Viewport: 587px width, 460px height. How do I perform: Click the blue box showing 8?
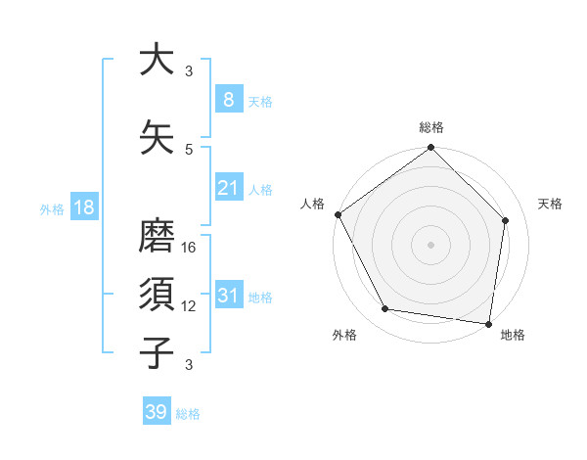(228, 99)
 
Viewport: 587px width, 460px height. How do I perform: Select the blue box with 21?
(228, 187)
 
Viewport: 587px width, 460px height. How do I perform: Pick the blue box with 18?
(83, 207)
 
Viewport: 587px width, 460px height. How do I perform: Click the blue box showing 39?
(156, 412)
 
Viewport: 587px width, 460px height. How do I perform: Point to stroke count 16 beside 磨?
(190, 248)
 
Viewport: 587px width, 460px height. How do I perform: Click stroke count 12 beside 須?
(190, 306)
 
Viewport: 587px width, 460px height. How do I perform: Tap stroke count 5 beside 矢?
(189, 149)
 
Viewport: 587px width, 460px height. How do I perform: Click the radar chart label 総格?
(431, 127)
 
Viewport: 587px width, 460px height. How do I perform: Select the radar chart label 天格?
(551, 204)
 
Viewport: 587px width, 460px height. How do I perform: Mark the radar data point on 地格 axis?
(489, 323)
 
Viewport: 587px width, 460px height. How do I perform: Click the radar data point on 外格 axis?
(385, 309)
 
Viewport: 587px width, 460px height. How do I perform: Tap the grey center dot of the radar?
(430, 244)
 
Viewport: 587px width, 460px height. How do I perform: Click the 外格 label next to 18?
(52, 207)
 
